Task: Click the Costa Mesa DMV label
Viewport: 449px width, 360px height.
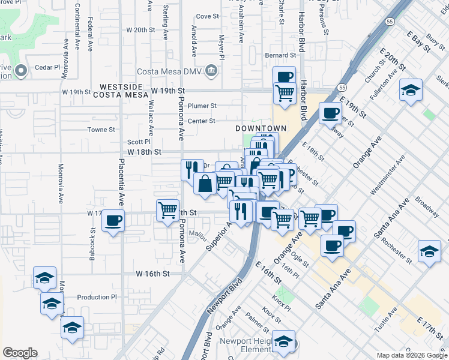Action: tap(170, 72)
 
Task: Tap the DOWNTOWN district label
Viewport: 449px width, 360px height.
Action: tap(260, 128)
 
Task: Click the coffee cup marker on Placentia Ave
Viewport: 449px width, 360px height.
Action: tap(113, 221)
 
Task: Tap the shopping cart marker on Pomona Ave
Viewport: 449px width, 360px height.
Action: tap(167, 211)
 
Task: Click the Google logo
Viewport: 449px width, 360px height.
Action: tap(20, 353)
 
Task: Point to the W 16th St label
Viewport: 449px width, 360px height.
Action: tap(153, 273)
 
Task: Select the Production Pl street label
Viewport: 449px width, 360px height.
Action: tap(97, 297)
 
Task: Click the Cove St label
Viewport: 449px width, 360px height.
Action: tap(207, 16)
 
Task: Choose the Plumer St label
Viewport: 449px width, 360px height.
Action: tap(202, 106)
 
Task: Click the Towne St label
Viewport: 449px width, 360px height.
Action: tap(101, 129)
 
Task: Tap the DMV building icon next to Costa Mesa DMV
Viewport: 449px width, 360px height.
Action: tap(211, 72)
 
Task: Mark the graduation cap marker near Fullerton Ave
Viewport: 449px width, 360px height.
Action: tap(411, 90)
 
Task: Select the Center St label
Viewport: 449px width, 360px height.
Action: tap(201, 121)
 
